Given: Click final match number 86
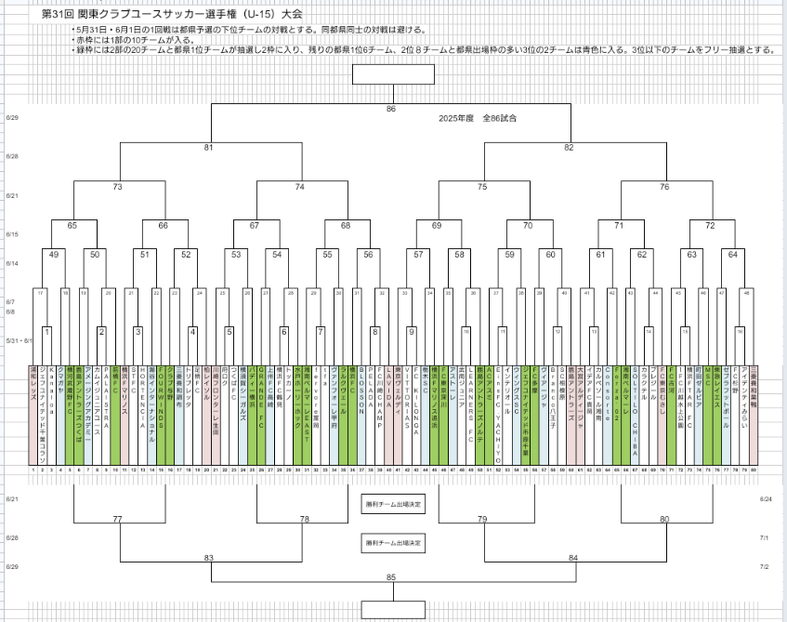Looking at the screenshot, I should pos(391,110).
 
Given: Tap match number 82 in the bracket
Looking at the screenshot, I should pos(569,147).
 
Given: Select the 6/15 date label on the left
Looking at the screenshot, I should pos(11,234).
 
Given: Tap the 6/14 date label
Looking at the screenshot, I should pos(11,264).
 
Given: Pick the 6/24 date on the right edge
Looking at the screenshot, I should pos(766,499).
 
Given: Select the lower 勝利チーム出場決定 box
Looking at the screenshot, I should pos(392,542).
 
